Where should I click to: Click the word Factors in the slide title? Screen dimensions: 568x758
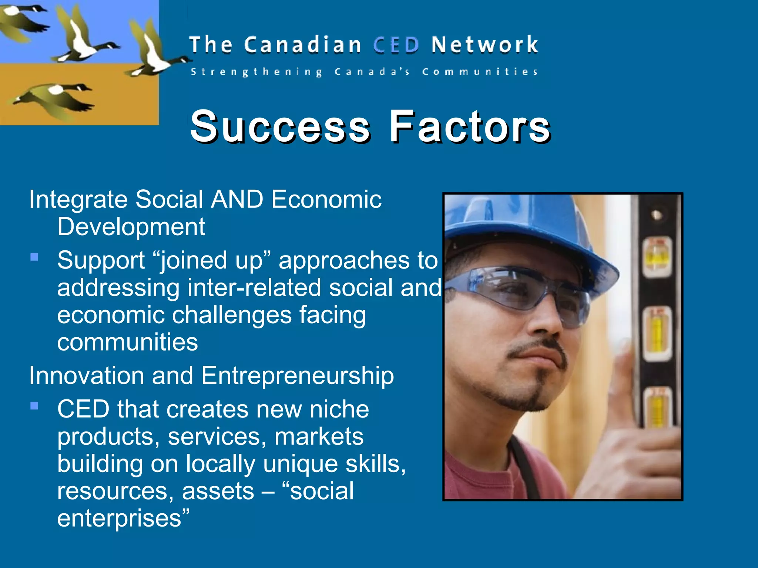469,126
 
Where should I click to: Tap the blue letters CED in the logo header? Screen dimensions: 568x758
396,45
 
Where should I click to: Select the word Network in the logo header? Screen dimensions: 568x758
484,45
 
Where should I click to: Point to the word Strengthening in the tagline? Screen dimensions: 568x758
256,72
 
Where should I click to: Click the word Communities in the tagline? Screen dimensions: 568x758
480,71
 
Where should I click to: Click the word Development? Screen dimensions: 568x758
131,227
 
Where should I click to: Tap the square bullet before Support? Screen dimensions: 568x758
34,257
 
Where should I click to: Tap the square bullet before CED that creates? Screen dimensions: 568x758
34,406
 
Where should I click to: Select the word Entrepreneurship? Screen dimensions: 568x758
298,376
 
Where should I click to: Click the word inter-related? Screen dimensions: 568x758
254,288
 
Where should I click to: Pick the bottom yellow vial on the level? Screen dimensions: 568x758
657,409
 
